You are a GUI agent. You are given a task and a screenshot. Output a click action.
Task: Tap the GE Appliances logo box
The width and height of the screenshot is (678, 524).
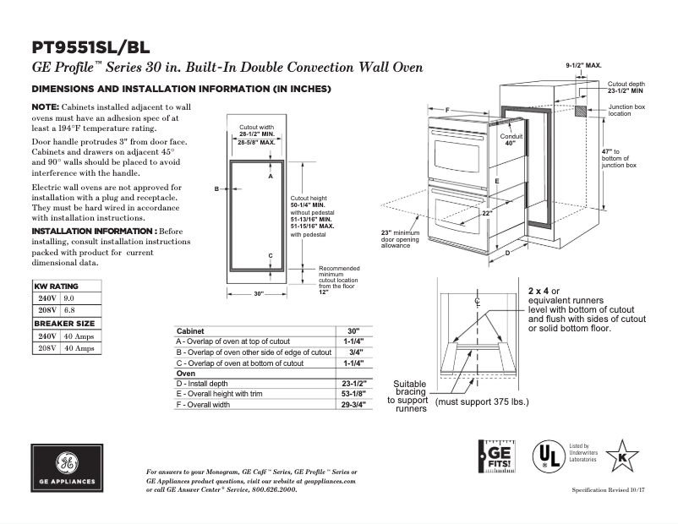coord(65,468)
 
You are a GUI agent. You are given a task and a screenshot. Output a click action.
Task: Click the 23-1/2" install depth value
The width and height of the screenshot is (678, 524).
coord(353,383)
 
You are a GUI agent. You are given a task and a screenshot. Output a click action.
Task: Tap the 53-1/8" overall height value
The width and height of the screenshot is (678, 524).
coord(353,394)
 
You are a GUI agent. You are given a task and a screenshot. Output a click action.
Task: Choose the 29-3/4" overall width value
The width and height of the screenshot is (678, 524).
coord(353,405)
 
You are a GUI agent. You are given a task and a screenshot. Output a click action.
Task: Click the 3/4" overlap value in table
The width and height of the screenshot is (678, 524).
coord(355,352)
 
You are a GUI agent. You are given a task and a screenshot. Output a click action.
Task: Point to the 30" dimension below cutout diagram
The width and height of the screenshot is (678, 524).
coord(259,293)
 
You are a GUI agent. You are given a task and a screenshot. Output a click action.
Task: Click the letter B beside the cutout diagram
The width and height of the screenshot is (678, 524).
coord(216,188)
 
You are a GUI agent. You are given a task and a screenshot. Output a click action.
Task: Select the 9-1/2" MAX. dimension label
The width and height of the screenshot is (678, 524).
coord(583,64)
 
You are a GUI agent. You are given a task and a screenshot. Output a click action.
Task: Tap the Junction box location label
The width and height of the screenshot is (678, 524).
coord(626,110)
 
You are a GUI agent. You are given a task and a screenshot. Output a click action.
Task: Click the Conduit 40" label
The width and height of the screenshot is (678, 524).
coord(511,139)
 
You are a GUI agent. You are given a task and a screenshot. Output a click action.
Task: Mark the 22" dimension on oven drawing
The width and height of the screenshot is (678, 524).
coord(487,214)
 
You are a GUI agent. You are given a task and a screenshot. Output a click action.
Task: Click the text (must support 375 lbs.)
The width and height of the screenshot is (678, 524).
coord(482,401)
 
